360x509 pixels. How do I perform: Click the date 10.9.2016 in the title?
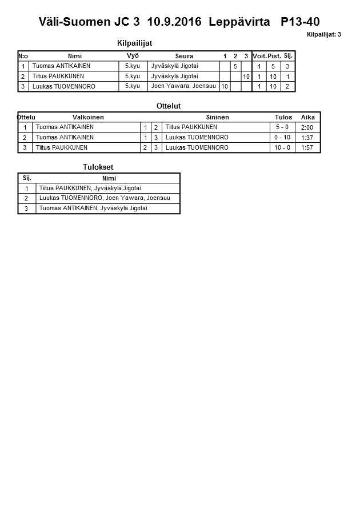174,22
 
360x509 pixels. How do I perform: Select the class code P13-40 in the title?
300,22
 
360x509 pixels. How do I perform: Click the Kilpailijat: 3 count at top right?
323,35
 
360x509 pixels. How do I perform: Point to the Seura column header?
184,56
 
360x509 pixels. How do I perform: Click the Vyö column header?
133,55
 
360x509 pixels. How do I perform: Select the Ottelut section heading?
169,106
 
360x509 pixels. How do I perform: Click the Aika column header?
308,117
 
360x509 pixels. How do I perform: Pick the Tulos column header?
283,117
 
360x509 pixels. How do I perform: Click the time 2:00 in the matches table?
307,127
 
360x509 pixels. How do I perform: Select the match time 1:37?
307,138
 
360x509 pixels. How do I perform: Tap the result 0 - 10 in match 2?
282,138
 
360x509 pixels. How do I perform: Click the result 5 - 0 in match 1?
282,127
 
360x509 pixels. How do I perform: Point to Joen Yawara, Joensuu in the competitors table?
183,86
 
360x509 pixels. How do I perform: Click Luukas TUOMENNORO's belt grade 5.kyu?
132,86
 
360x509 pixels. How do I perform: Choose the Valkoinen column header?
88,117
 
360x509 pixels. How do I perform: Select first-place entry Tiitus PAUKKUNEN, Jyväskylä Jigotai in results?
90,188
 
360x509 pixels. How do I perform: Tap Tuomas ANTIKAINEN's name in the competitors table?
61,66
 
